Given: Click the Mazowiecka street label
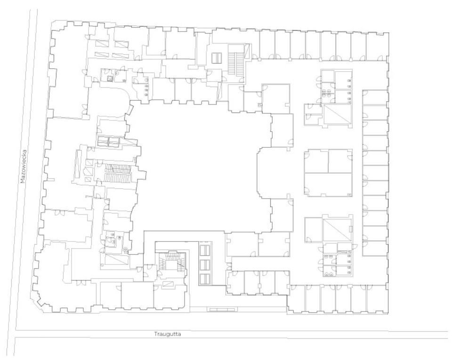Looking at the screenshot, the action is (23, 167).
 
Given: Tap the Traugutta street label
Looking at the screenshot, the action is (168, 334).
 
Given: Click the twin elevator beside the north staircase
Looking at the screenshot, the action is (217, 58).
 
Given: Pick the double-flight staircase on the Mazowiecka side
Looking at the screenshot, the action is (117, 173).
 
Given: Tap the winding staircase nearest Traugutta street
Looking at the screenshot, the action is (172, 263).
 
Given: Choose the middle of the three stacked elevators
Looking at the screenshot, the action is (205, 265).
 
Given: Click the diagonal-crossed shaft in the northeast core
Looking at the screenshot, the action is (338, 114).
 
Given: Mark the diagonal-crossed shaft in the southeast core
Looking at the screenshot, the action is (338, 230).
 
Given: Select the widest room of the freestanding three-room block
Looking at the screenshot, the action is (328, 184).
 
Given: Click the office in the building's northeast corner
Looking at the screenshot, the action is (377, 46).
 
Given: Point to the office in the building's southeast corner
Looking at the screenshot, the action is (377, 299).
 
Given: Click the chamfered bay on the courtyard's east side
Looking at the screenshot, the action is (264, 173).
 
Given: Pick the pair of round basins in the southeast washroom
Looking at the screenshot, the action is (329, 274).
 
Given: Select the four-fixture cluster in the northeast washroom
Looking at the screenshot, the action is (327, 94).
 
